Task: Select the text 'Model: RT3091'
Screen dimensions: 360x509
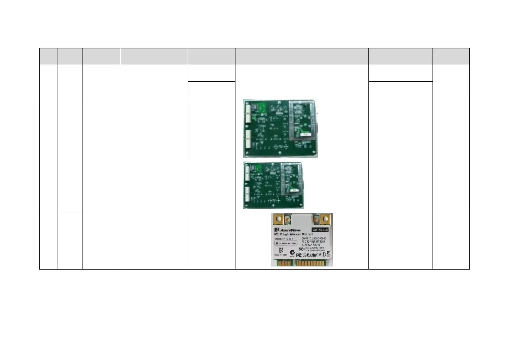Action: pyautogui.click(x=284, y=239)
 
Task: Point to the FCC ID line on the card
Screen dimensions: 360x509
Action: pyautogui.click(x=313, y=242)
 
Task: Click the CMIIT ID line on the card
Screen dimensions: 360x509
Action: pyautogui.click(x=314, y=238)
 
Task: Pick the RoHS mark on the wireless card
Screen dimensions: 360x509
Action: pyautogui.click(x=311, y=255)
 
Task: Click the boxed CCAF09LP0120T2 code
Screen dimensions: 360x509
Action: pyautogui.click(x=286, y=243)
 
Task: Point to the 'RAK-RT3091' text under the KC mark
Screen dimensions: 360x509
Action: pyautogui.click(x=281, y=255)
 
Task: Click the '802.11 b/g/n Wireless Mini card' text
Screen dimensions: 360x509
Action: pyautogui.click(x=293, y=234)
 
